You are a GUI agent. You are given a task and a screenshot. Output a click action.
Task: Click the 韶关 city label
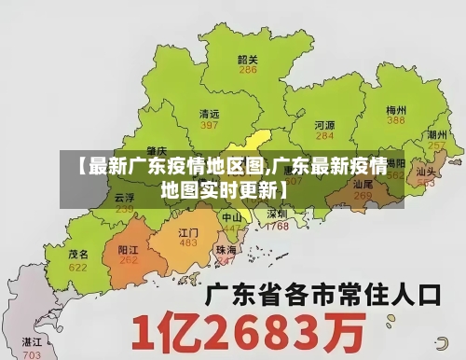(248, 59)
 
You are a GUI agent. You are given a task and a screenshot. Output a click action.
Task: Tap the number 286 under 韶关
(248, 70)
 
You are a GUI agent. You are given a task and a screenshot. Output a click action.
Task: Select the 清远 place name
(210, 113)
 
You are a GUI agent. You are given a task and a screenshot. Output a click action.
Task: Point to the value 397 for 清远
(210, 124)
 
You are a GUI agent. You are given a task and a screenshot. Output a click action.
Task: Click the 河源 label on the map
(324, 123)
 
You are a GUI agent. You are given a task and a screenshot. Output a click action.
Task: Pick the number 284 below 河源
(324, 135)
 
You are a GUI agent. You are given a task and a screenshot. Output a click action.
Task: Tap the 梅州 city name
(396, 109)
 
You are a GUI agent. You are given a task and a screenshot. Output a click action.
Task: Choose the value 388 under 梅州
(396, 120)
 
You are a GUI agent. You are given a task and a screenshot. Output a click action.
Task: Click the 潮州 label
(435, 134)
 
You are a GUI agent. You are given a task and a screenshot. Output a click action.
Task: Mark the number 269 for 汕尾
(363, 196)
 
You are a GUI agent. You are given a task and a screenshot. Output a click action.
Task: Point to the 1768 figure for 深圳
(277, 226)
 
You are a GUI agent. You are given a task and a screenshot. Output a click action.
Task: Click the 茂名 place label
(78, 254)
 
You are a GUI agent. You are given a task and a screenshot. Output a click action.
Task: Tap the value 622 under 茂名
(78, 267)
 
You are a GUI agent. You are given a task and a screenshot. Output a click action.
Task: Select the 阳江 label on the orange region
(129, 250)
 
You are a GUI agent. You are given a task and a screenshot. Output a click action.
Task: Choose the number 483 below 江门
(188, 242)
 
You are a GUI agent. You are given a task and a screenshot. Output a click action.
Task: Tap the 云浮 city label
(124, 198)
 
